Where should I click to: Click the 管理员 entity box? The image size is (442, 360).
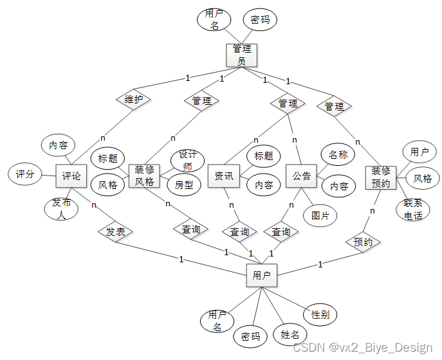[242, 55]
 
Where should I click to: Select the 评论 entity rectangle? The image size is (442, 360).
[71, 175]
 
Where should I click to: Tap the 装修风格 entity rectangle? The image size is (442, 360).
[145, 175]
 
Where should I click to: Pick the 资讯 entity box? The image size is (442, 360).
[224, 175]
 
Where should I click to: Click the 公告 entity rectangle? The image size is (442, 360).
[302, 175]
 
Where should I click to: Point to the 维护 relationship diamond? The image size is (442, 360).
[133, 100]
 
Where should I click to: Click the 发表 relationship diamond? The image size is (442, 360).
[116, 231]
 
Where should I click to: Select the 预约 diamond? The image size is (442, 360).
[363, 242]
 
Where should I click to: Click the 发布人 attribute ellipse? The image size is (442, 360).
[62, 210]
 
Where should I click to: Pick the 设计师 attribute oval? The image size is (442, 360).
[187, 159]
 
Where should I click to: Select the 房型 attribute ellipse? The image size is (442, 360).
[185, 184]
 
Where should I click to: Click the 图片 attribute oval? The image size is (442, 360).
[320, 215]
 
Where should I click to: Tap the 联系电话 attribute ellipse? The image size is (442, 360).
[413, 210]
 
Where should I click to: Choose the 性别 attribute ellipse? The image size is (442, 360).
[320, 315]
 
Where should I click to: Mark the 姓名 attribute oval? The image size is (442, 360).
[290, 335]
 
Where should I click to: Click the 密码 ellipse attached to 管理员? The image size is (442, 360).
[260, 20]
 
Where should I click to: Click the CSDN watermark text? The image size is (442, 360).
[362, 348]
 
